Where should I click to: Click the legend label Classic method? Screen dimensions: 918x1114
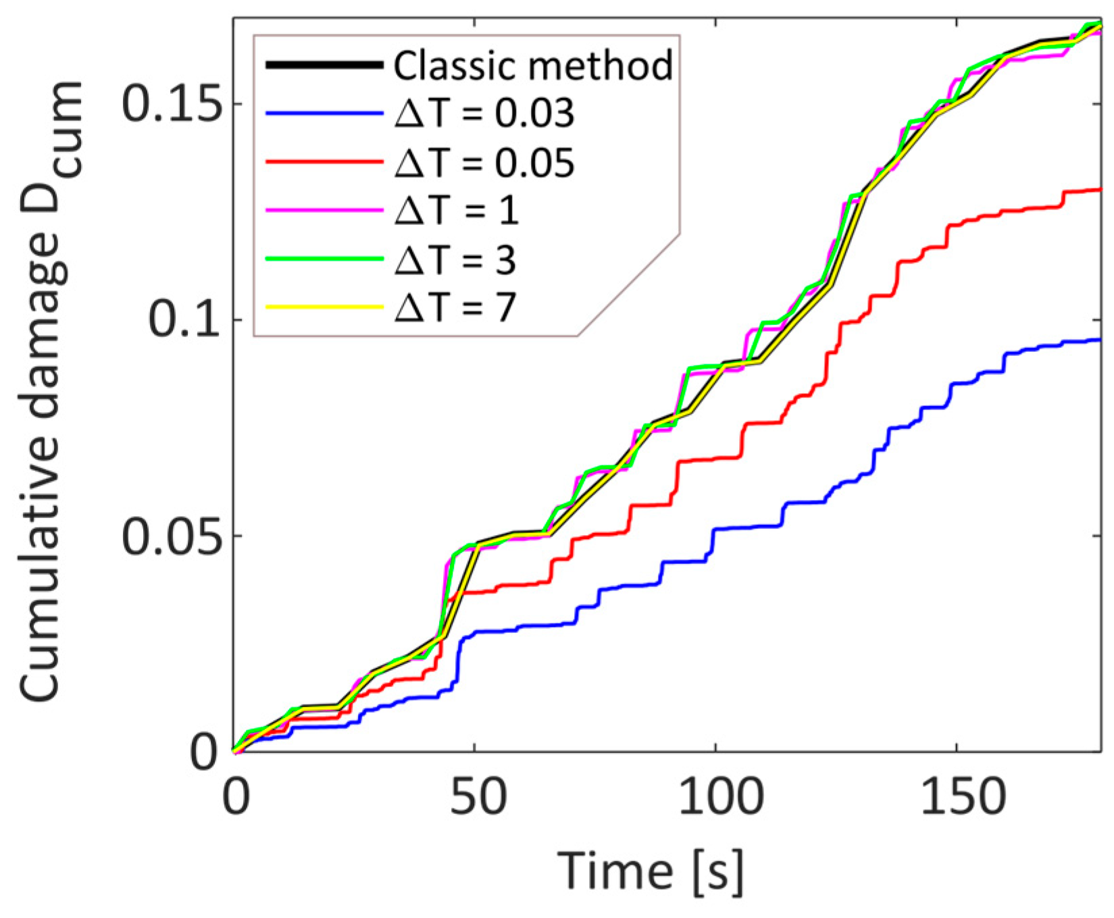click(x=533, y=66)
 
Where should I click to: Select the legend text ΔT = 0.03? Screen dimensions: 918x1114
click(x=484, y=113)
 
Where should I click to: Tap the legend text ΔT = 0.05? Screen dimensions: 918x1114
click(x=484, y=163)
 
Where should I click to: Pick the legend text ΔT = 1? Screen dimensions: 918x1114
click(x=457, y=211)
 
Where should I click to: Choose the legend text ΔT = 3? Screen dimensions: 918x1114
click(x=455, y=259)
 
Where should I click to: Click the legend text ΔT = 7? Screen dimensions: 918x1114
click(x=455, y=308)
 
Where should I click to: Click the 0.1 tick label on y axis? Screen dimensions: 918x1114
click(x=184, y=320)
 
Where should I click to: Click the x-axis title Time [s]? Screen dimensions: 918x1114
click(x=650, y=870)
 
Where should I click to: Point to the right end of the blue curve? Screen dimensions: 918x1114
click(x=1098, y=340)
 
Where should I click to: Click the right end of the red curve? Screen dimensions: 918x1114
click(x=1098, y=190)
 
